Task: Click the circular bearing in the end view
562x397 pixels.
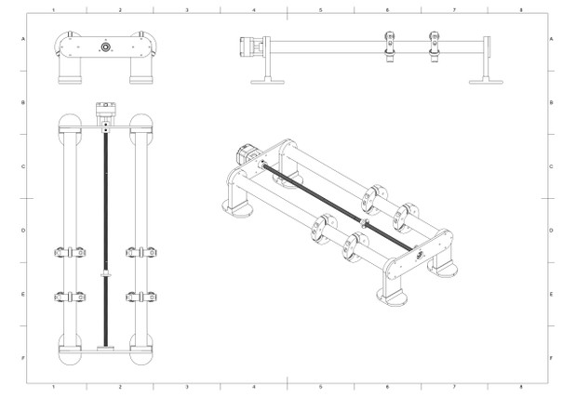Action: (105, 46)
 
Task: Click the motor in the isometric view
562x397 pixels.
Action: (247, 153)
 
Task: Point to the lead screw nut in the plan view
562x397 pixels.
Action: (106, 275)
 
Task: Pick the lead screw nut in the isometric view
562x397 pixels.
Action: (366, 223)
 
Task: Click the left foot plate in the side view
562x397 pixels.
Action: (267, 82)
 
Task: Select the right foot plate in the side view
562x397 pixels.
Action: (486, 82)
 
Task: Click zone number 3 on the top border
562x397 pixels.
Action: (187, 10)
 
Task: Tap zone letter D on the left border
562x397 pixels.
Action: (23, 231)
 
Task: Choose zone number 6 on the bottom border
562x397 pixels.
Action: (387, 387)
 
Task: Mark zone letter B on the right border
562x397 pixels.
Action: (551, 102)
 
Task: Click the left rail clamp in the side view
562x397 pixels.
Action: (390, 46)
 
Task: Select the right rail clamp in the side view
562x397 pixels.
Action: (435, 46)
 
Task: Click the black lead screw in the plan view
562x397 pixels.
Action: (106, 236)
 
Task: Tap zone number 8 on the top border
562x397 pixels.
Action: (521, 10)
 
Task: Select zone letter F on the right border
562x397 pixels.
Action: (551, 358)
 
